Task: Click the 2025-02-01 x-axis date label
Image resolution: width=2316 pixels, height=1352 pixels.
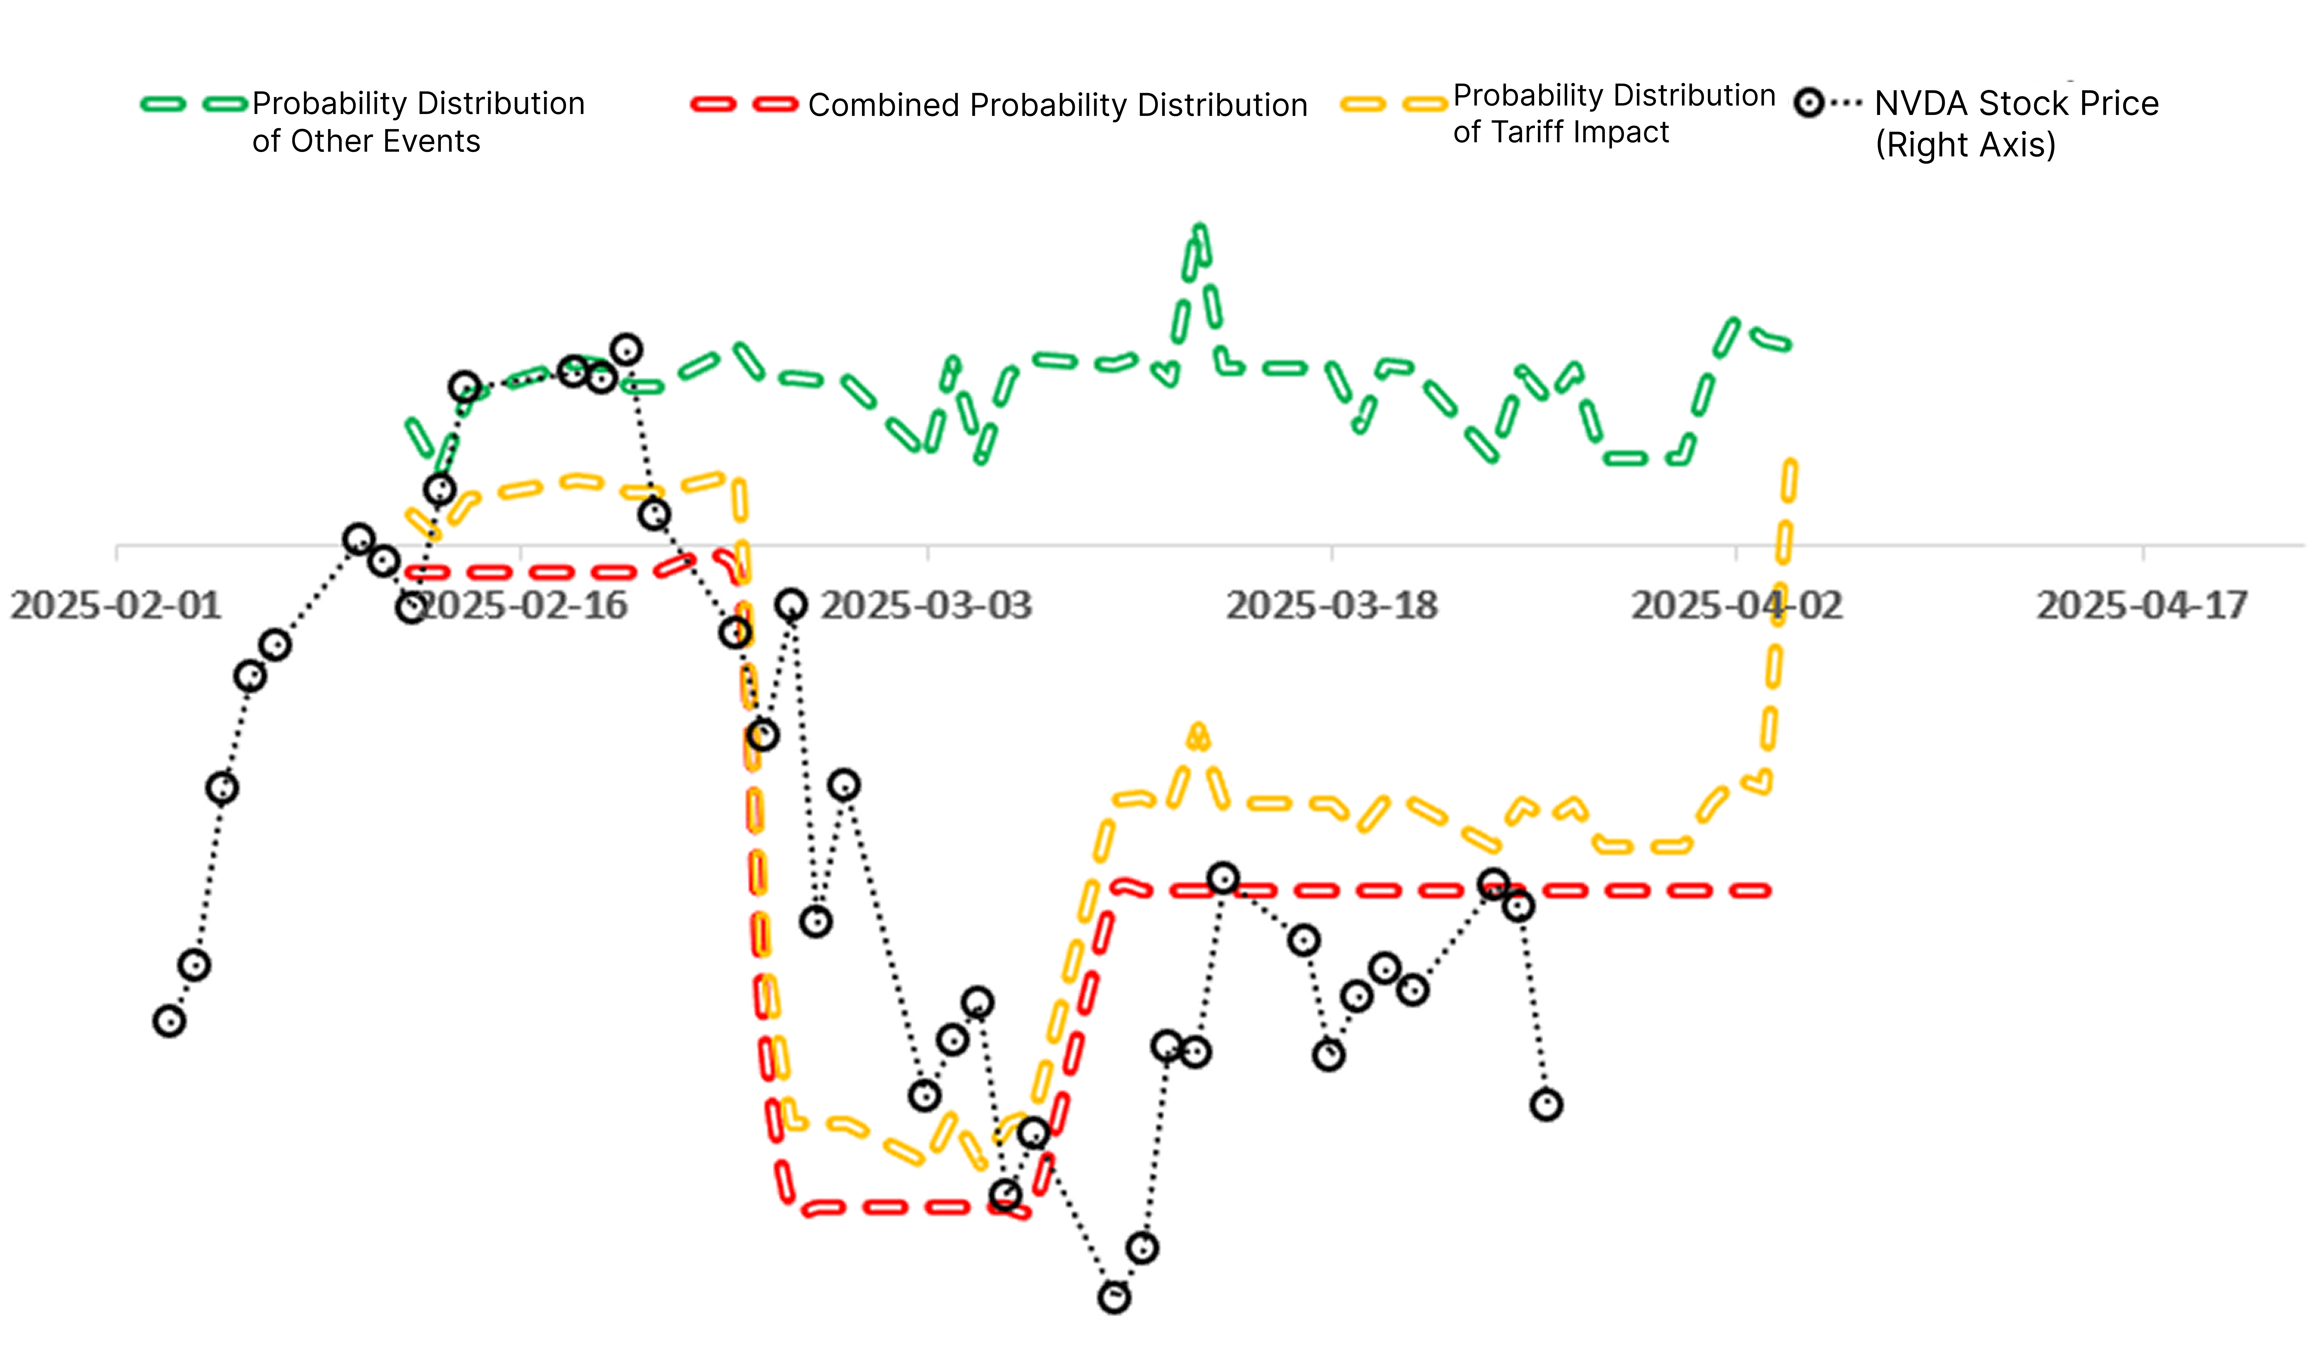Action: [116, 606]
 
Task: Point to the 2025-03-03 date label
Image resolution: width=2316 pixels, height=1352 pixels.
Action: [926, 606]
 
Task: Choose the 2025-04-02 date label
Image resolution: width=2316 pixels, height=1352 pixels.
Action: [1737, 606]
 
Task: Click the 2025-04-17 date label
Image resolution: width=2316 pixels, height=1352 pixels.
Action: [2142, 606]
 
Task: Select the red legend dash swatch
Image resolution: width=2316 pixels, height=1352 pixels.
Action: [744, 104]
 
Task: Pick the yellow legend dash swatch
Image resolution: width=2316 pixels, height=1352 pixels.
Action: [1394, 104]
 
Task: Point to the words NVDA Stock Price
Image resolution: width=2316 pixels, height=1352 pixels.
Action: [2016, 103]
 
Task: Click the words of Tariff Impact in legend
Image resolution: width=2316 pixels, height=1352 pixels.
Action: [1561, 132]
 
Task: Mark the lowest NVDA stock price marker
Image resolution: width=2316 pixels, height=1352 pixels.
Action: [1114, 1298]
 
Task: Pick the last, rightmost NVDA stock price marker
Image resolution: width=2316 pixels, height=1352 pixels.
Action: [1547, 1105]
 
